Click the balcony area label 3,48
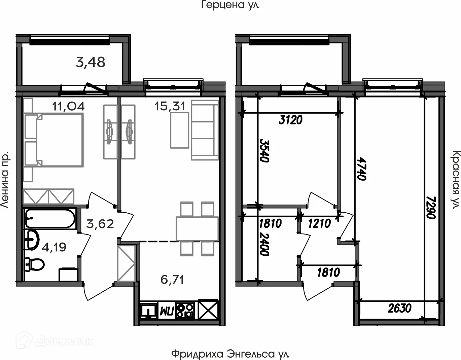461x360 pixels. (91, 62)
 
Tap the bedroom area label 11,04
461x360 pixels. (68, 106)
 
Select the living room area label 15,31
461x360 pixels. (170, 106)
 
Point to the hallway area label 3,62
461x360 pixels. (100, 224)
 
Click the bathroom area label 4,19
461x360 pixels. (54, 247)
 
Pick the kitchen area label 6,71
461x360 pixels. (172, 279)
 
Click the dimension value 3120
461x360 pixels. (290, 120)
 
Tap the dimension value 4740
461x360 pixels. (361, 169)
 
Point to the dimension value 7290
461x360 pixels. (431, 207)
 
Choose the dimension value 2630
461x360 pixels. (399, 308)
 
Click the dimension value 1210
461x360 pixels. (319, 223)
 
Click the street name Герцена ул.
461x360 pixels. (230, 5)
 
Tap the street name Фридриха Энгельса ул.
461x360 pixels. (230, 354)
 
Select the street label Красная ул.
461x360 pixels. (456, 180)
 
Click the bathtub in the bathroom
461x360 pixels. (50, 219)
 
